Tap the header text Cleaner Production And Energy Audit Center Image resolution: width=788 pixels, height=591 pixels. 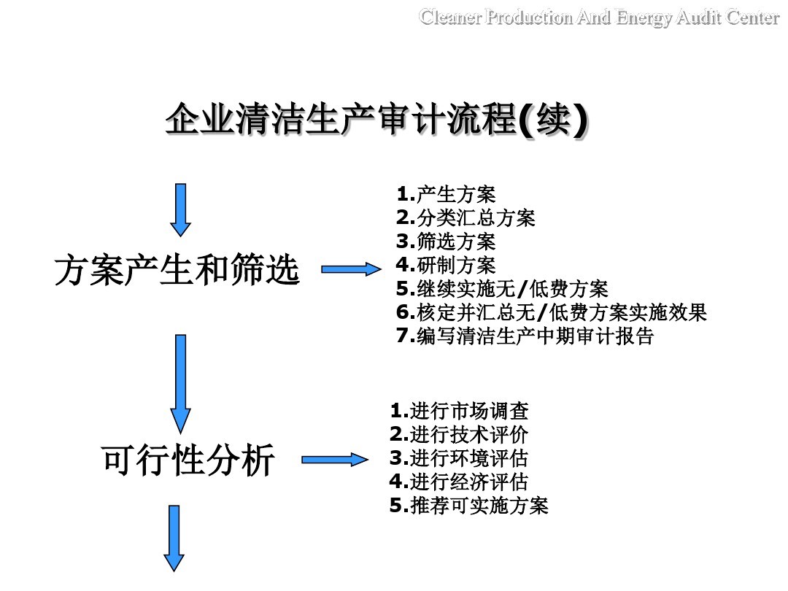tap(599, 18)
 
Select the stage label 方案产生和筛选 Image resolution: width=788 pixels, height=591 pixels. tap(177, 271)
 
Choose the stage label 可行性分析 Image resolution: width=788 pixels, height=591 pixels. tap(188, 460)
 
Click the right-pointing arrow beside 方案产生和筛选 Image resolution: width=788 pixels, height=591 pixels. tap(351, 269)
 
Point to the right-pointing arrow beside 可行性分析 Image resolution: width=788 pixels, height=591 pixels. tap(335, 459)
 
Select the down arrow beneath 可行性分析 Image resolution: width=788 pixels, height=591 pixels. tap(174, 538)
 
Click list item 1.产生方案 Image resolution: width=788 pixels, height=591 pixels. tap(446, 195)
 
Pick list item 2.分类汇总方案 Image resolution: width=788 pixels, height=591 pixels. tap(466, 217)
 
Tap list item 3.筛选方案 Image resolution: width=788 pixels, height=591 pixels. tap(446, 241)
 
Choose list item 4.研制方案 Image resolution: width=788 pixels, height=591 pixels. tap(446, 264)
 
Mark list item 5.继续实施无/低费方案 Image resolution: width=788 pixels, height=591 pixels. tap(502, 288)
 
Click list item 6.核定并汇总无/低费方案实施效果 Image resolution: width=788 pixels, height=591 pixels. tap(552, 312)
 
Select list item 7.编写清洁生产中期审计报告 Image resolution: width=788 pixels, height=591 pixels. tap(525, 336)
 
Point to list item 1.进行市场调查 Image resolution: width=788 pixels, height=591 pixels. tap(460, 411)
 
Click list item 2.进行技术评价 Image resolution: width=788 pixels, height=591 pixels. tap(459, 434)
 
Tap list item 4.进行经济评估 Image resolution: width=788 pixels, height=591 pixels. tap(459, 482)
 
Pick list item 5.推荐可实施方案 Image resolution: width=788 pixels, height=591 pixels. tap(468, 505)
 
